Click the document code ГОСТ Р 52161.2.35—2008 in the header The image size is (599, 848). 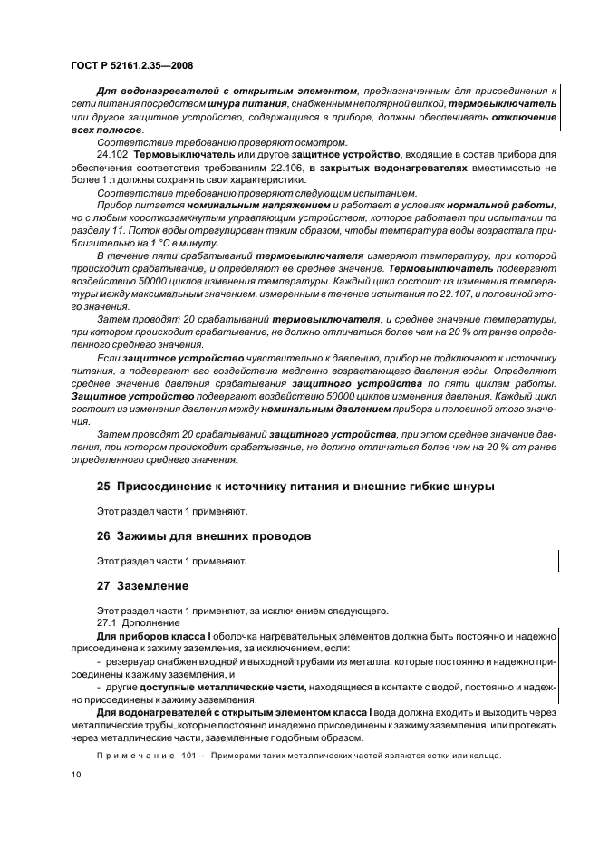tap(131, 66)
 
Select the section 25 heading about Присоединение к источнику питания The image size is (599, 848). tap(295, 486)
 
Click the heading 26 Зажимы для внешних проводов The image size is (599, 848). tap(204, 536)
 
